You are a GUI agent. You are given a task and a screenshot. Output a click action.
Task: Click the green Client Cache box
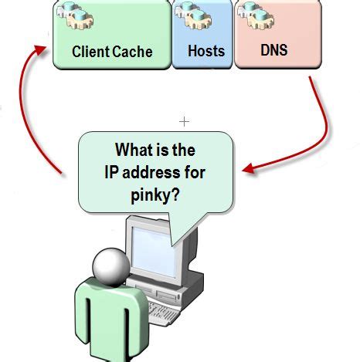click(111, 35)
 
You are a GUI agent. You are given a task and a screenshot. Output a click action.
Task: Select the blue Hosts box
click(202, 35)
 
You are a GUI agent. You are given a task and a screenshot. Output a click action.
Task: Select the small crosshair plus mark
click(184, 121)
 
